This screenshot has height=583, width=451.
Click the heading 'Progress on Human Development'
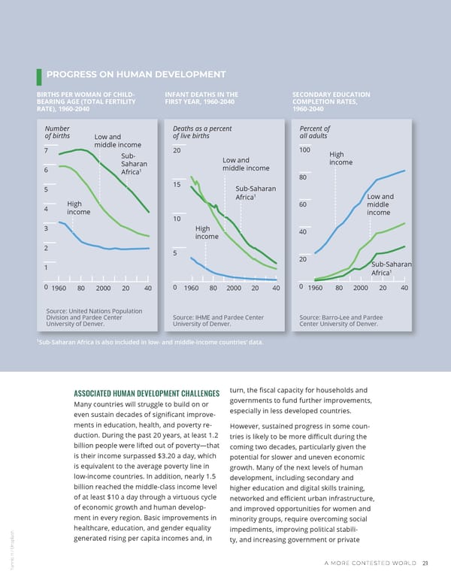[135, 74]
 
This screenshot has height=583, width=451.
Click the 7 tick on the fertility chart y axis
[47, 150]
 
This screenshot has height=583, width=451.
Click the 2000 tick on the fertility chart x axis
[103, 288]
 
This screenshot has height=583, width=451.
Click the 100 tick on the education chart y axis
[305, 150]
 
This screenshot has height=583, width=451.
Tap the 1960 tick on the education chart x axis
[315, 288]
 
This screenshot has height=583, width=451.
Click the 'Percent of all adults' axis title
[315, 131]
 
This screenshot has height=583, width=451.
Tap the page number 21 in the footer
[425, 565]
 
